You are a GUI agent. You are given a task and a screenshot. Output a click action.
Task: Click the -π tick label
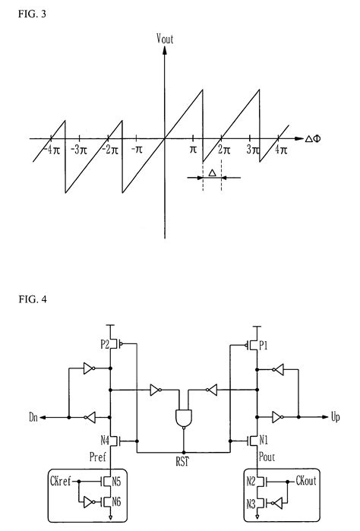pyautogui.click(x=137, y=150)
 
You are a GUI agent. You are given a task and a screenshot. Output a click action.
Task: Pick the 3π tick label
pyautogui.click(x=253, y=150)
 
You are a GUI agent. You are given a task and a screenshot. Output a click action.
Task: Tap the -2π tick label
pyautogui.click(x=110, y=150)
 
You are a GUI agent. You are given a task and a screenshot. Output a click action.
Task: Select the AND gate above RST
pyautogui.click(x=183, y=418)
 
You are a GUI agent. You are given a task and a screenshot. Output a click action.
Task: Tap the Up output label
pyautogui.click(x=336, y=417)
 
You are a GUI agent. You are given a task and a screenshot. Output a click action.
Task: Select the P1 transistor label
pyautogui.click(x=263, y=343)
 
